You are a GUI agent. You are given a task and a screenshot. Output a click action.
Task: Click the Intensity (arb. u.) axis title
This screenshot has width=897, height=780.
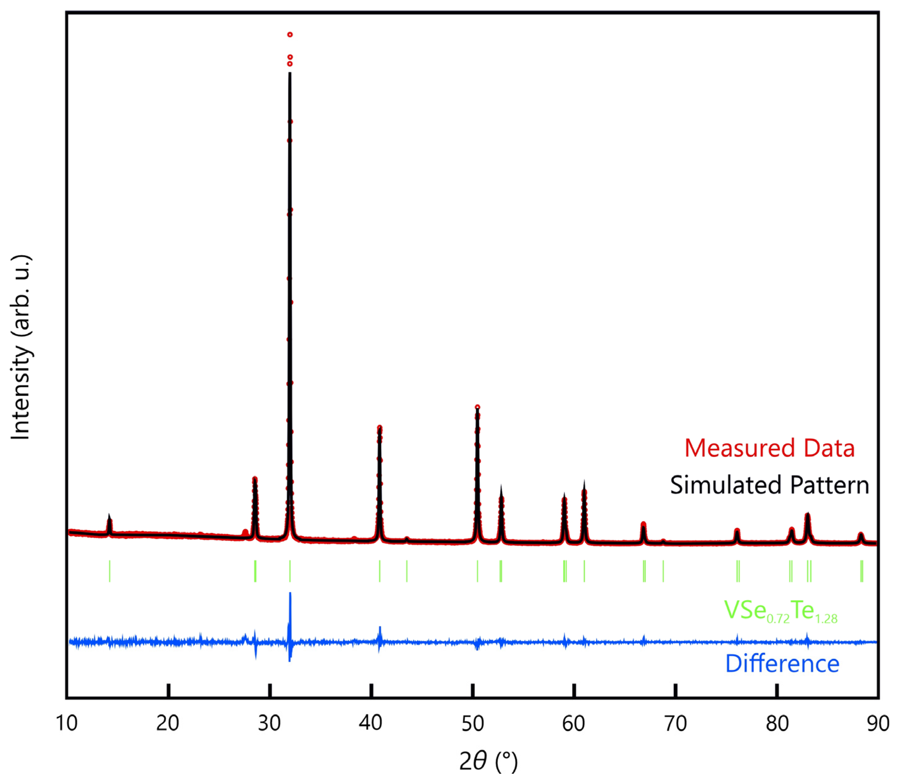tap(21, 347)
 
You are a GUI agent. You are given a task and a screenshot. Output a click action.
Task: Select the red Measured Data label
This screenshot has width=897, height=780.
tap(769, 448)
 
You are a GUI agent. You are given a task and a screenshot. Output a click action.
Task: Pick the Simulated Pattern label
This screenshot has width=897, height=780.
tap(769, 485)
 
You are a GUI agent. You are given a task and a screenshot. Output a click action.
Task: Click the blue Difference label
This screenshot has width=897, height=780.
tap(782, 664)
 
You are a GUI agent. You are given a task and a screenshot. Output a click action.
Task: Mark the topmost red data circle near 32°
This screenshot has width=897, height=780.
tap(290, 34)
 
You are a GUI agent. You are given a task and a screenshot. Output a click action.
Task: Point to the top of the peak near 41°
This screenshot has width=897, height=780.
tap(379, 428)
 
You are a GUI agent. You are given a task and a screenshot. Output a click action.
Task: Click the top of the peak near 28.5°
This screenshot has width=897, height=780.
tap(255, 479)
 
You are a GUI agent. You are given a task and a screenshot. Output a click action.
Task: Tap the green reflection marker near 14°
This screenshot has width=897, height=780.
tap(109, 571)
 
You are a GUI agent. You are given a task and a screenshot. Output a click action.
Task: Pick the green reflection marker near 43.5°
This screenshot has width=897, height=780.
tap(406, 571)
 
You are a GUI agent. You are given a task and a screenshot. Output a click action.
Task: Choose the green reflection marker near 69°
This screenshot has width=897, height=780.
tap(663, 571)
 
